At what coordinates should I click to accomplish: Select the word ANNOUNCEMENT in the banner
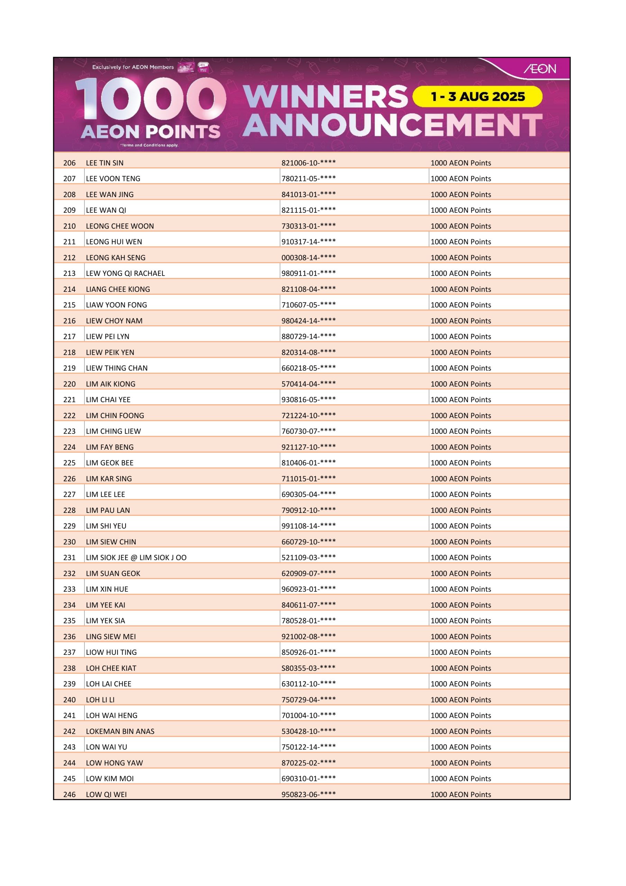tap(392, 125)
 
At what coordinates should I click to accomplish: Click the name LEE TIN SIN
tap(104, 163)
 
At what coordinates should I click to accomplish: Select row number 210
tap(70, 226)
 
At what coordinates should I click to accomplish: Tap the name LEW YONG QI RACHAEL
tap(125, 273)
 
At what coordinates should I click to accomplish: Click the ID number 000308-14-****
tap(308, 257)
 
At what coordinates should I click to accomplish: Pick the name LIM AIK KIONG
tap(111, 384)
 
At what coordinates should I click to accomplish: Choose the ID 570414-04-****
tap(308, 384)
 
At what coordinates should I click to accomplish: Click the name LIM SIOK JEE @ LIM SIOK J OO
tap(136, 558)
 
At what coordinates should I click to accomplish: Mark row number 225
tap(70, 463)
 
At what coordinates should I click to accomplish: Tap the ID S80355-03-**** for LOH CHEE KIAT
tap(308, 668)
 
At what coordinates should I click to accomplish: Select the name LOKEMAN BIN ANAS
tap(120, 731)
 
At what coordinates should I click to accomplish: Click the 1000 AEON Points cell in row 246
tap(461, 795)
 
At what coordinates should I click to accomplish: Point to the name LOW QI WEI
tap(106, 795)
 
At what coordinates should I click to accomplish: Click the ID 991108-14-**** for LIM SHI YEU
tap(308, 526)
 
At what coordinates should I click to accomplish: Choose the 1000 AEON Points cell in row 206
tap(461, 163)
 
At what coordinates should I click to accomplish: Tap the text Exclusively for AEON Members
tap(133, 67)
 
